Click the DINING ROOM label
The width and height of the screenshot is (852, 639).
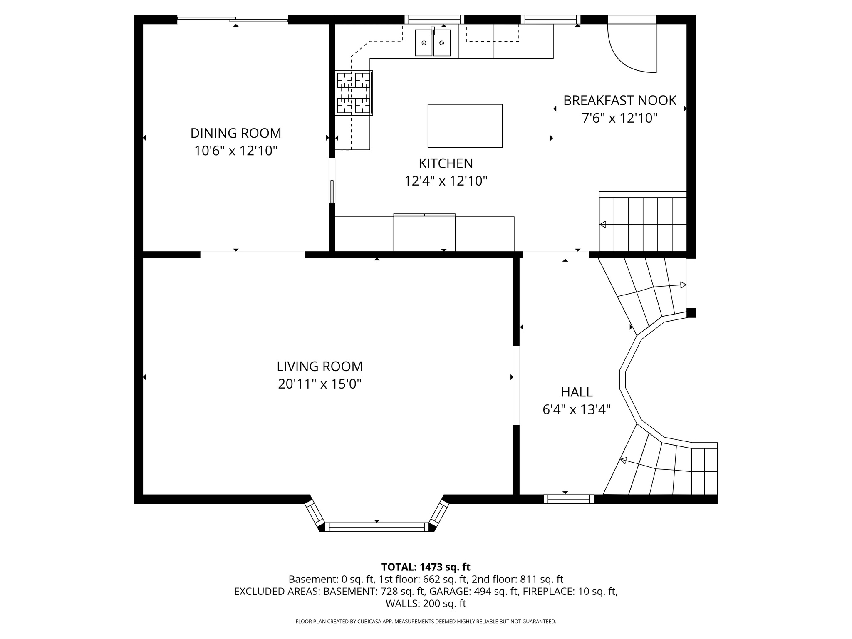pos(236,133)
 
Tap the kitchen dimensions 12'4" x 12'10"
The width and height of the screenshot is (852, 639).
pos(446,181)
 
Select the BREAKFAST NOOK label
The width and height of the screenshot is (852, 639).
pos(619,100)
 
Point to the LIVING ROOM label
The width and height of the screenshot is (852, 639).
pos(319,366)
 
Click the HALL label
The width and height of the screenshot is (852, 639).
pos(577,392)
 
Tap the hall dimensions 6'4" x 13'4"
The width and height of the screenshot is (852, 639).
pos(577,410)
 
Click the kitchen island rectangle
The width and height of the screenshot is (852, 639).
pos(465,126)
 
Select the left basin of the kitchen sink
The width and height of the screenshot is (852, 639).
pos(424,42)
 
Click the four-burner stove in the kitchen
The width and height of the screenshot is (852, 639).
pos(354,92)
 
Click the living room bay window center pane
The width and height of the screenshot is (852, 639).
pos(376,527)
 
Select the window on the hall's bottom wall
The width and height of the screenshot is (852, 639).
pos(569,499)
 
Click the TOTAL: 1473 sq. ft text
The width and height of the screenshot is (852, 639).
pos(426,567)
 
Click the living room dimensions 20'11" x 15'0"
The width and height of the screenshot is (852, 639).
pos(319,384)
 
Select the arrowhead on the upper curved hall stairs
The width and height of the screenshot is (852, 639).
pos(683,285)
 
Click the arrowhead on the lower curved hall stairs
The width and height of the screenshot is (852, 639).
pos(624,460)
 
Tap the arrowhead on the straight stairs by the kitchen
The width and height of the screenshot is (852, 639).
pos(602,225)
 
